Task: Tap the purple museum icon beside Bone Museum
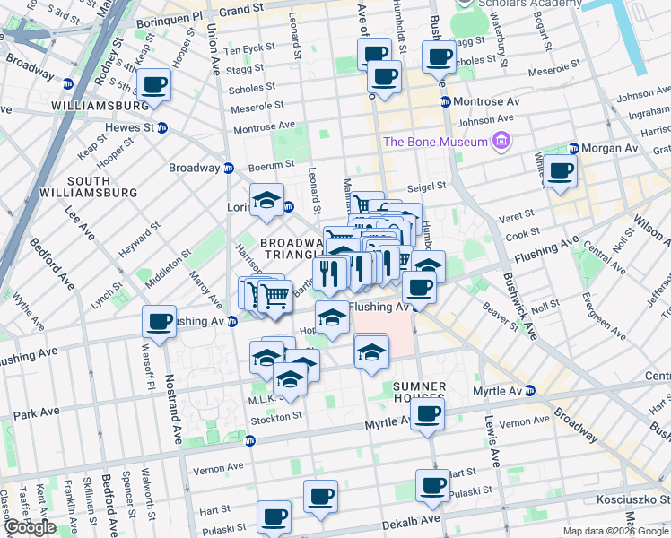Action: pyautogui.click(x=501, y=141)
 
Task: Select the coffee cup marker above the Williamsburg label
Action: pyautogui.click(x=153, y=85)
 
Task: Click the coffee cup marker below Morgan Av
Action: pyautogui.click(x=561, y=170)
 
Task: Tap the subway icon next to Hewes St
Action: pyautogui.click(x=161, y=127)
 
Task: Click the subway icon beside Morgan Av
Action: pyautogui.click(x=573, y=148)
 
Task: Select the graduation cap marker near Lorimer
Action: pyautogui.click(x=266, y=201)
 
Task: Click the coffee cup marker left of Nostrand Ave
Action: pyautogui.click(x=160, y=321)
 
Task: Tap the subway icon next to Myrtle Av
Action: pyautogui.click(x=530, y=390)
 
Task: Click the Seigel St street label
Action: pyautogui.click(x=427, y=186)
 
